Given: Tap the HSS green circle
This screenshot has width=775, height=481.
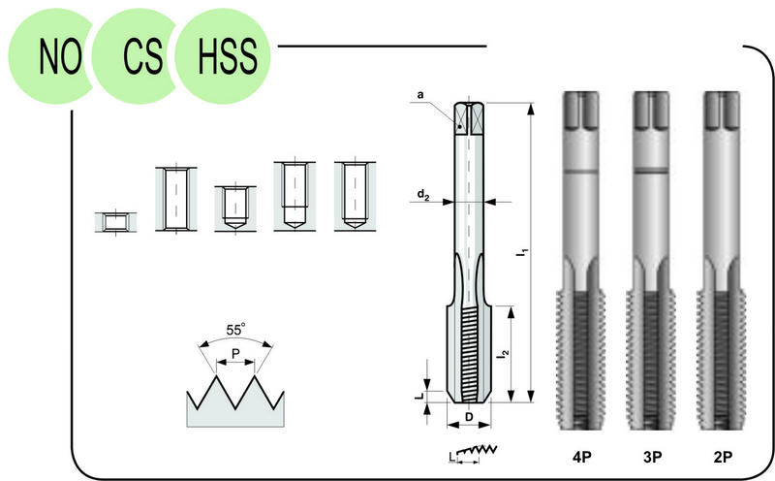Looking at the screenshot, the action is pos(224,55).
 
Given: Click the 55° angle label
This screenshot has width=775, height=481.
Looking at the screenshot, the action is pos(235,329).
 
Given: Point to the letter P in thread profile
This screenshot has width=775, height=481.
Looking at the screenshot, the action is pos(235,353).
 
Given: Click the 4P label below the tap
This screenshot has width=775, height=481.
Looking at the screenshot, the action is pos(582,458).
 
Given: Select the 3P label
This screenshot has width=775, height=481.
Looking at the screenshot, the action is pos(652,458).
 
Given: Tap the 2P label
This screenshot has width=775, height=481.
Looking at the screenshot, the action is pos(723,458).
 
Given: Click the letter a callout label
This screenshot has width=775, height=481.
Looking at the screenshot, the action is pos(420,94).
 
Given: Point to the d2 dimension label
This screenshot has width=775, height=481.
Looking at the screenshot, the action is pos(423,195).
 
